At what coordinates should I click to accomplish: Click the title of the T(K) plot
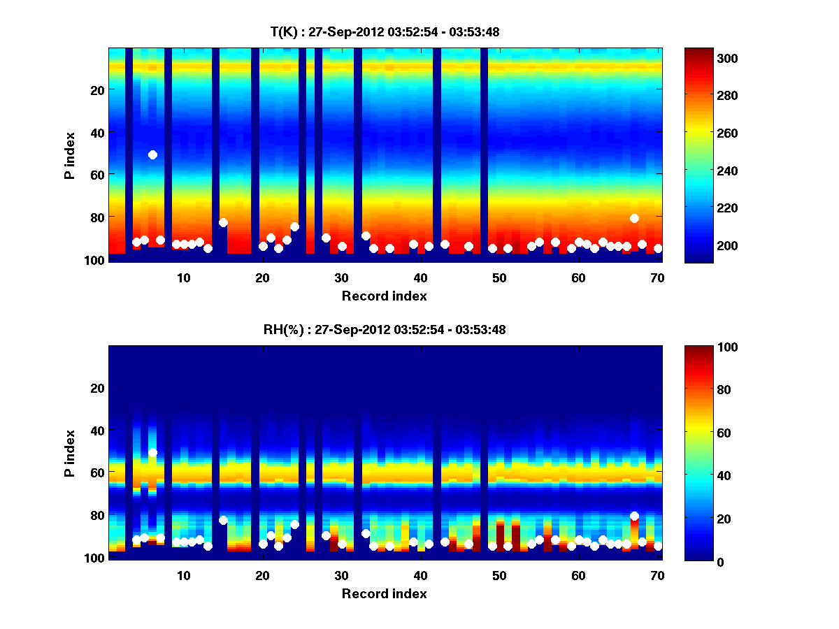[385, 31]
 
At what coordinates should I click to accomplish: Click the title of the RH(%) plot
[385, 329]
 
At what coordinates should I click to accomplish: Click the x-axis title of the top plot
[385, 296]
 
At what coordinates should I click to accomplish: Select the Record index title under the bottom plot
[385, 593]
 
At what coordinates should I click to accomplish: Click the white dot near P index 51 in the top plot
[152, 154]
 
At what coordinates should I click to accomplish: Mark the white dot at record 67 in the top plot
[634, 218]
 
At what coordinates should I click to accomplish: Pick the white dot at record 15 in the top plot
[223, 222]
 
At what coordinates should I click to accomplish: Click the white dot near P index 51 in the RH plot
[152, 452]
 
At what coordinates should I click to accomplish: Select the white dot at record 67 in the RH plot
[634, 516]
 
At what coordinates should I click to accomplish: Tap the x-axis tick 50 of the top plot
[499, 277]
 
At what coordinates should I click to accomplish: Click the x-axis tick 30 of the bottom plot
[341, 575]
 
